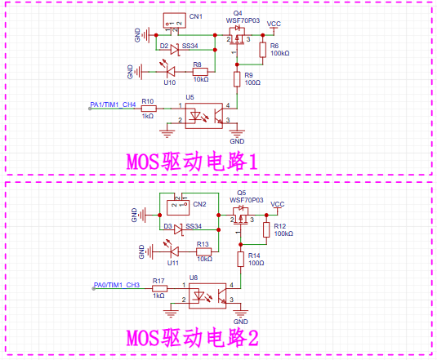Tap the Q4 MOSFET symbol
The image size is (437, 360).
tap(237, 36)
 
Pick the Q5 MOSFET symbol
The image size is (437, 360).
tap(241, 216)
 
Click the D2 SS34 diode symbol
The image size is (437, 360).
tap(175, 50)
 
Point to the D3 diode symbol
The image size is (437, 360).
tap(178, 229)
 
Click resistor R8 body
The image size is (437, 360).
tap(200, 72)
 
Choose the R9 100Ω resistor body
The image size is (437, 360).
tap(237, 79)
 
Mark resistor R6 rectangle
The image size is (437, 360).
tap(263, 50)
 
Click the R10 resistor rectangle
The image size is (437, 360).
tap(149, 109)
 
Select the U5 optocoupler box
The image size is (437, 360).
tap(204, 116)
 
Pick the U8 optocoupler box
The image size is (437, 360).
tap(207, 296)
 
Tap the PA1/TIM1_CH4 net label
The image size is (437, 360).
tap(113, 104)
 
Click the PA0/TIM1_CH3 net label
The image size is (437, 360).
tap(117, 285)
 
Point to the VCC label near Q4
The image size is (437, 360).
tap(274, 24)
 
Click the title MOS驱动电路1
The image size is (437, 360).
tap(192, 162)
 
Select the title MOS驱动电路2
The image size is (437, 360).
tap(192, 338)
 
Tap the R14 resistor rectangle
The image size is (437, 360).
tap(241, 260)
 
